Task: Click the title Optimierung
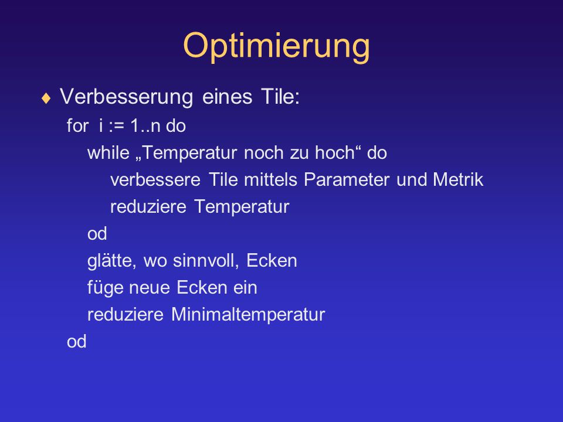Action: (276, 46)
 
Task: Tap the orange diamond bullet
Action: (46, 98)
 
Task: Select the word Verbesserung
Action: (127, 97)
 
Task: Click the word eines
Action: (227, 97)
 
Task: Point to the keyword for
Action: (77, 125)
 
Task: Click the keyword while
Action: (108, 152)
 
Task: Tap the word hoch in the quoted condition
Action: (335, 153)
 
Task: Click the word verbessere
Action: (155, 179)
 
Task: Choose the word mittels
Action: (270, 179)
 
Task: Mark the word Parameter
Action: (347, 179)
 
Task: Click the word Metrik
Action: (458, 179)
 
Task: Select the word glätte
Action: (111, 261)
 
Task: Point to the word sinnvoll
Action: (206, 261)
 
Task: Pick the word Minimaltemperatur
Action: (248, 314)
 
